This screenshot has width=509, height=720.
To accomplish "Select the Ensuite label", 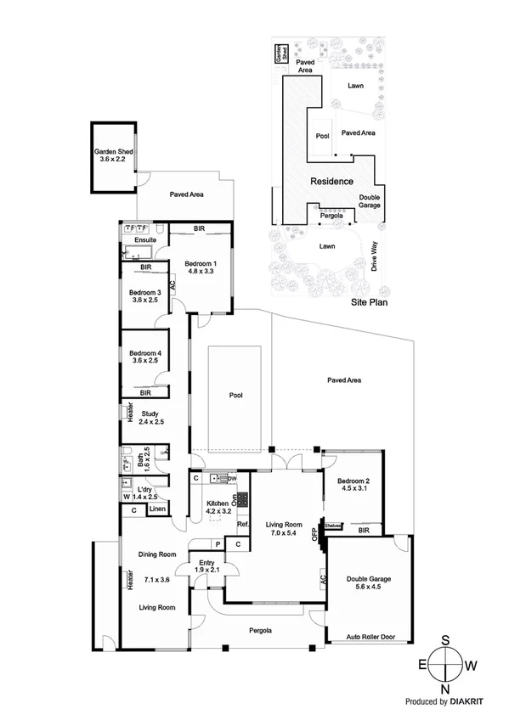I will coord(134,240).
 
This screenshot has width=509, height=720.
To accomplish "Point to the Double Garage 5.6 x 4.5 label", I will coord(369,585).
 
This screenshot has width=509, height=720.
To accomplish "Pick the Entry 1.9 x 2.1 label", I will coord(206,566).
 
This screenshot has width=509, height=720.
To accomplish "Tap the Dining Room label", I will coord(156,555).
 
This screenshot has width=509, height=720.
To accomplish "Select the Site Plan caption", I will coord(370,301).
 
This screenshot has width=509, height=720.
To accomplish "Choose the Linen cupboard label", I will coord(158,509).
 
